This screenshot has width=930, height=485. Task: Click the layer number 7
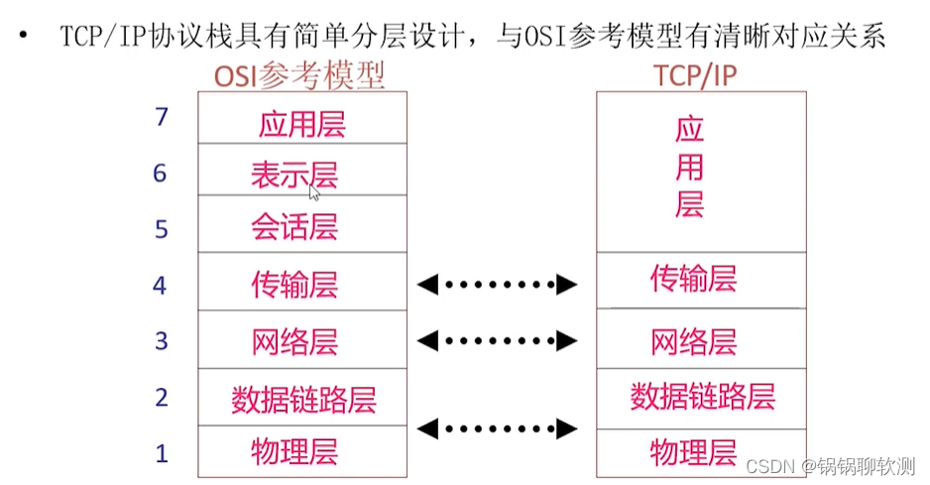tap(162, 117)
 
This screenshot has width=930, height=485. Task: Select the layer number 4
tap(160, 286)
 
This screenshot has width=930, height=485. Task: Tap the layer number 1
tap(162, 454)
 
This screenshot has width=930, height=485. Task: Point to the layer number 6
tap(160, 174)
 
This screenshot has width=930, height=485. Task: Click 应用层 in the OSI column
tap(301, 125)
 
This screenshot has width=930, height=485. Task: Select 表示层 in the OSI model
tap(294, 176)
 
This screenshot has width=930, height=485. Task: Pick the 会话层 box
tap(302, 223)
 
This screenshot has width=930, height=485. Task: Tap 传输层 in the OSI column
tap(294, 285)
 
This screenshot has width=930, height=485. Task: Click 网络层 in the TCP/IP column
tap(693, 342)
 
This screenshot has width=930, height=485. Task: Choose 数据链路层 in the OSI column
tap(303, 400)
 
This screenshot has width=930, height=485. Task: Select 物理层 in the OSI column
tap(294, 451)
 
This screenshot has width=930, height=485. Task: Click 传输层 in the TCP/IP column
tap(693, 279)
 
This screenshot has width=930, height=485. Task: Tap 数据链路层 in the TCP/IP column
tap(702, 397)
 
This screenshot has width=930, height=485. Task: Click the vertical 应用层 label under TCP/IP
tap(689, 167)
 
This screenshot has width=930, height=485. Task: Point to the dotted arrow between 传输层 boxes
tap(497, 285)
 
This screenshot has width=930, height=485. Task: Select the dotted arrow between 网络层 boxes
tap(497, 341)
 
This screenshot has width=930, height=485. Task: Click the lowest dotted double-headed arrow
tap(497, 428)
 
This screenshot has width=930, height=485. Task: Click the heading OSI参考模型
tap(299, 76)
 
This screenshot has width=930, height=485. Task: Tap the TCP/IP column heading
tap(695, 76)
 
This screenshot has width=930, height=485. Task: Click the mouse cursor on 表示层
tap(314, 192)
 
